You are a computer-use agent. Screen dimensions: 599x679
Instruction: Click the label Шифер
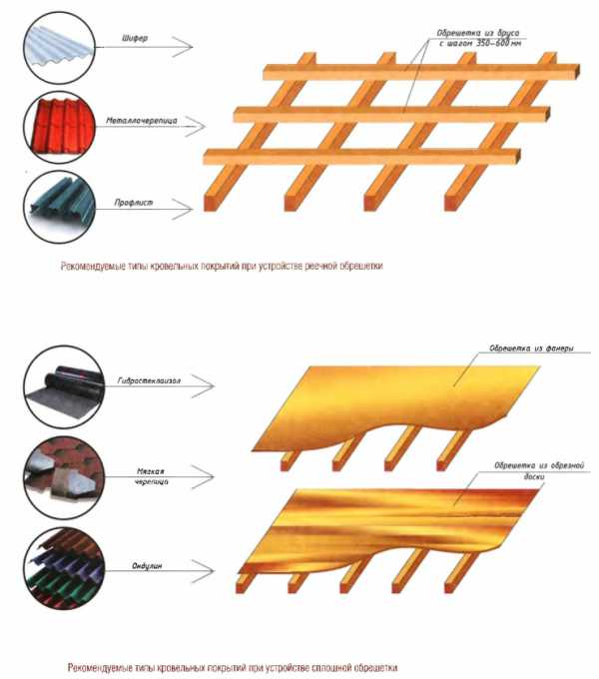click(135, 38)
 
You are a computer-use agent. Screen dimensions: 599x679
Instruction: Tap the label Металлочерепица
click(142, 121)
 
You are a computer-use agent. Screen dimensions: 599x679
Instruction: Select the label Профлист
click(134, 203)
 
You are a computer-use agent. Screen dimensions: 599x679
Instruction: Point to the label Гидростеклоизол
click(149, 380)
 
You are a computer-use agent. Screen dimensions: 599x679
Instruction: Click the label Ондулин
click(147, 566)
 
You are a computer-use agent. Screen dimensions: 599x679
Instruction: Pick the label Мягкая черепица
click(151, 476)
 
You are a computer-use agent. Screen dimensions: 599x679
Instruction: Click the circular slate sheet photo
click(59, 47)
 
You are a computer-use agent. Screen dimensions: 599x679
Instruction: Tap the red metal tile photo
click(59, 128)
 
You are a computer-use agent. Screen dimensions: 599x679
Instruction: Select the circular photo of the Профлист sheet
click(59, 208)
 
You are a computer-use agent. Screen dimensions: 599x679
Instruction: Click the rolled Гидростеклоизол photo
click(64, 386)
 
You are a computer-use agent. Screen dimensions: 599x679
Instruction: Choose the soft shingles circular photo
click(64, 477)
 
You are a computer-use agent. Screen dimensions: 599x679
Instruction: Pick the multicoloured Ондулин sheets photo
click(64, 568)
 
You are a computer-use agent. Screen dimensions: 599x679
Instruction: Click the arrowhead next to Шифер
click(183, 46)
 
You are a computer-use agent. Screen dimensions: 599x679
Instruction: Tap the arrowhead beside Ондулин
click(203, 571)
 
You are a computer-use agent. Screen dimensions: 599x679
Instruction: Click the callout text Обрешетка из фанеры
click(531, 348)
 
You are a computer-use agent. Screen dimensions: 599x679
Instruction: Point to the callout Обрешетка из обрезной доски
click(539, 470)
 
